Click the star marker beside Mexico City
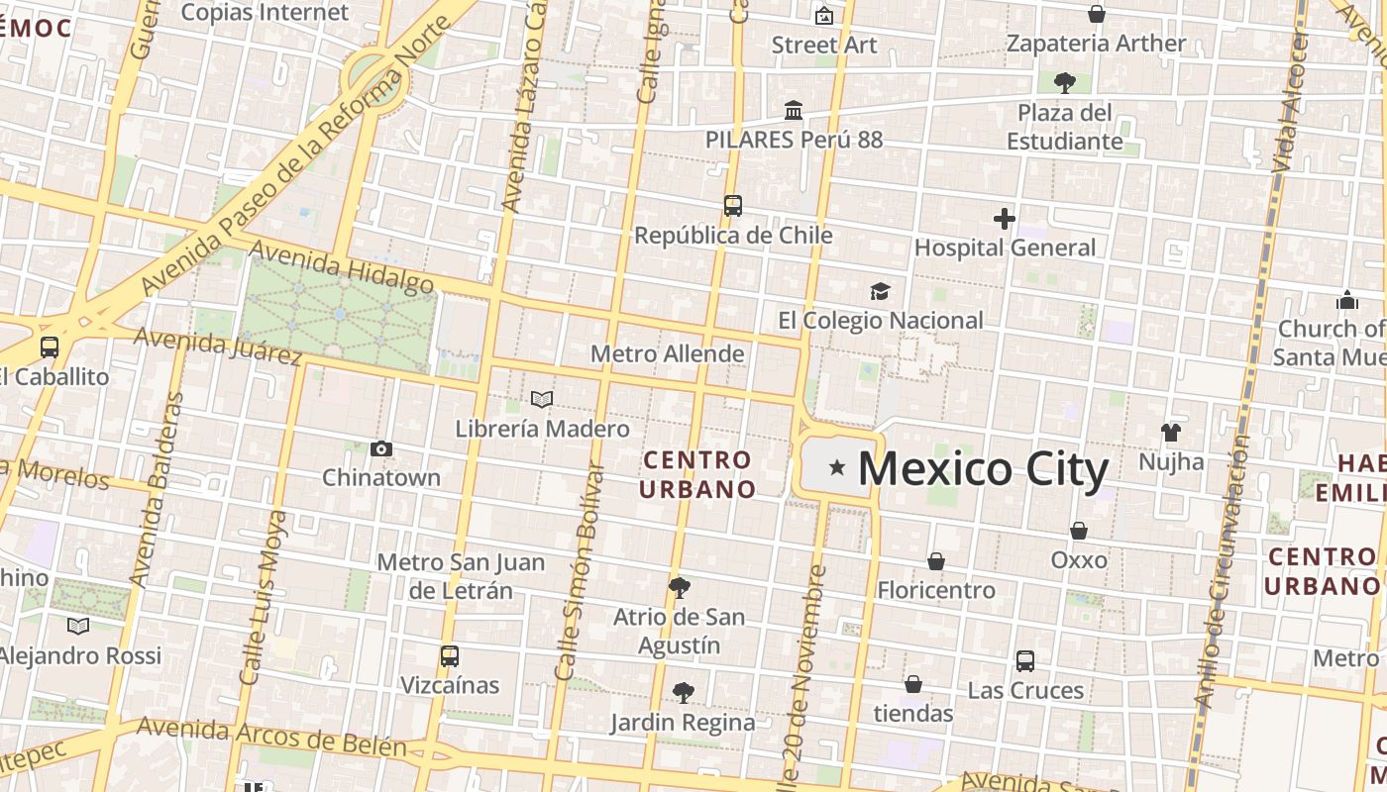(837, 467)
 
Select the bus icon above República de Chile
(733, 206)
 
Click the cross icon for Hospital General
(1005, 219)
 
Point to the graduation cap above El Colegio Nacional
(880, 291)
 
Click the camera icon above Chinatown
(381, 449)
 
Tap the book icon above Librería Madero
(542, 400)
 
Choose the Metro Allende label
(667, 353)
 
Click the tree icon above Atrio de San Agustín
(679, 588)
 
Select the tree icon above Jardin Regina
(683, 692)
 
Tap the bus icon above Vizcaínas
(450, 655)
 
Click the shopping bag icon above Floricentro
(935, 561)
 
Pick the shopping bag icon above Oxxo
(1079, 531)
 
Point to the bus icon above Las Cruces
(1025, 660)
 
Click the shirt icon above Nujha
(1171, 432)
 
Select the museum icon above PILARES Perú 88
(794, 110)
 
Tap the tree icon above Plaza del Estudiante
(1065, 82)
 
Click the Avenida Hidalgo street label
(343, 268)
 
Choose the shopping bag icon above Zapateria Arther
(1097, 14)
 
